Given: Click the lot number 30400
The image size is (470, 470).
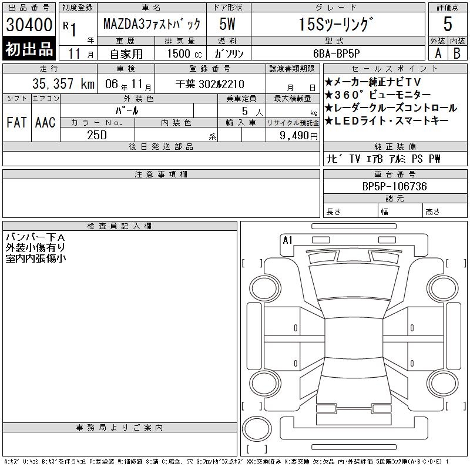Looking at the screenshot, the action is (29, 25).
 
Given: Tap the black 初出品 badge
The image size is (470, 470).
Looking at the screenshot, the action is (29, 49).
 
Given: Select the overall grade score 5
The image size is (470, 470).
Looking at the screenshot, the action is (448, 24).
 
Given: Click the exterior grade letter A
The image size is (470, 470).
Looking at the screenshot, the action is (438, 53).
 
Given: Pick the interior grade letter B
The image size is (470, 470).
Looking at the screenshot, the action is (457, 53).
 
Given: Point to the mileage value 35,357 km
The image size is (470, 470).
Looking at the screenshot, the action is (63, 83).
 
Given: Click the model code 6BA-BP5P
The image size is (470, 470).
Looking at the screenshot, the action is (336, 53).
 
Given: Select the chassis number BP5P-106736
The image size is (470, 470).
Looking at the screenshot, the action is (394, 186).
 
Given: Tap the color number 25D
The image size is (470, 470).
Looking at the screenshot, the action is (97, 135).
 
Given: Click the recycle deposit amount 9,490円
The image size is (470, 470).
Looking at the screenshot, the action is (298, 136).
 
